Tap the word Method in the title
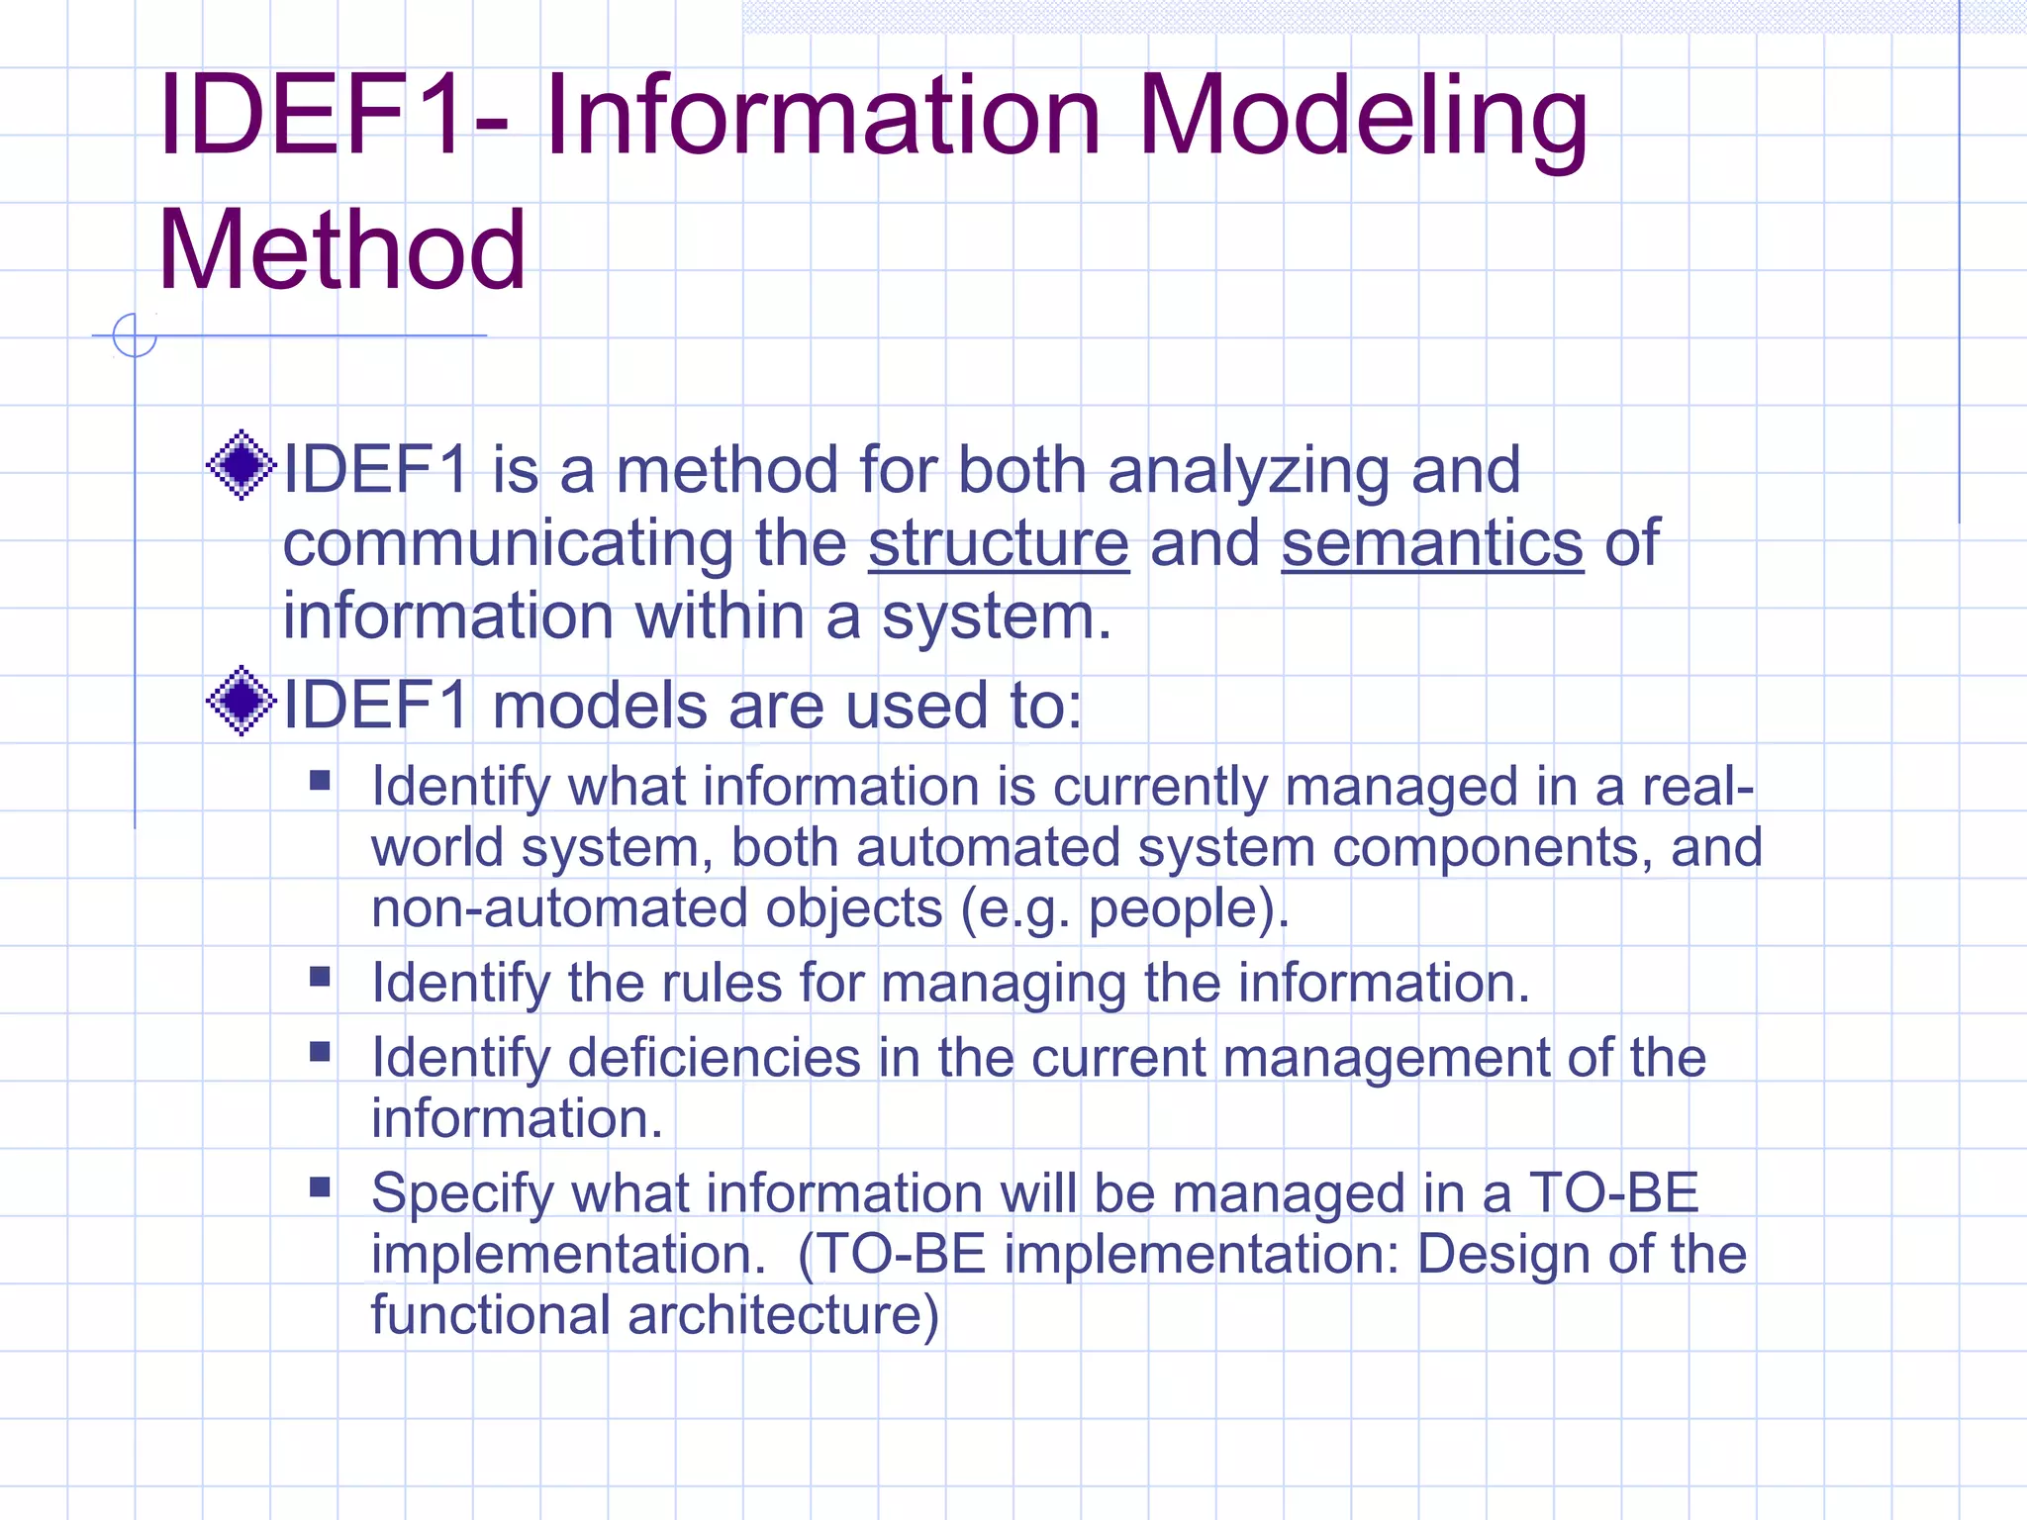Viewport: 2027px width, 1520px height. tap(341, 251)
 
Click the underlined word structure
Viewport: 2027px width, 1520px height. tap(999, 544)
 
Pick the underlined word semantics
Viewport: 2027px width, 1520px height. tap(1432, 544)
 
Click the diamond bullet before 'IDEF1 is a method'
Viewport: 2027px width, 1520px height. tap(241, 465)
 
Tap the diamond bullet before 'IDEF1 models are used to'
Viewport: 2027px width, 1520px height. tap(241, 702)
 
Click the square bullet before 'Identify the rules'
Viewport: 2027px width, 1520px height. tap(320, 978)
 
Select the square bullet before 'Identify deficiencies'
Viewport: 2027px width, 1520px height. tap(320, 1052)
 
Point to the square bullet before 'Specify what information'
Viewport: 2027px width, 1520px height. tap(320, 1187)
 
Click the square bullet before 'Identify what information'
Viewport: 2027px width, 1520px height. tap(320, 781)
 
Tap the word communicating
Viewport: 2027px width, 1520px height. tap(509, 544)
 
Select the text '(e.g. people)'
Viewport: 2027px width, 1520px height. tap(1125, 909)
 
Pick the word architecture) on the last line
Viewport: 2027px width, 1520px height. tap(783, 1315)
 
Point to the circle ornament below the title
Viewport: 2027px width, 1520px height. tap(135, 335)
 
